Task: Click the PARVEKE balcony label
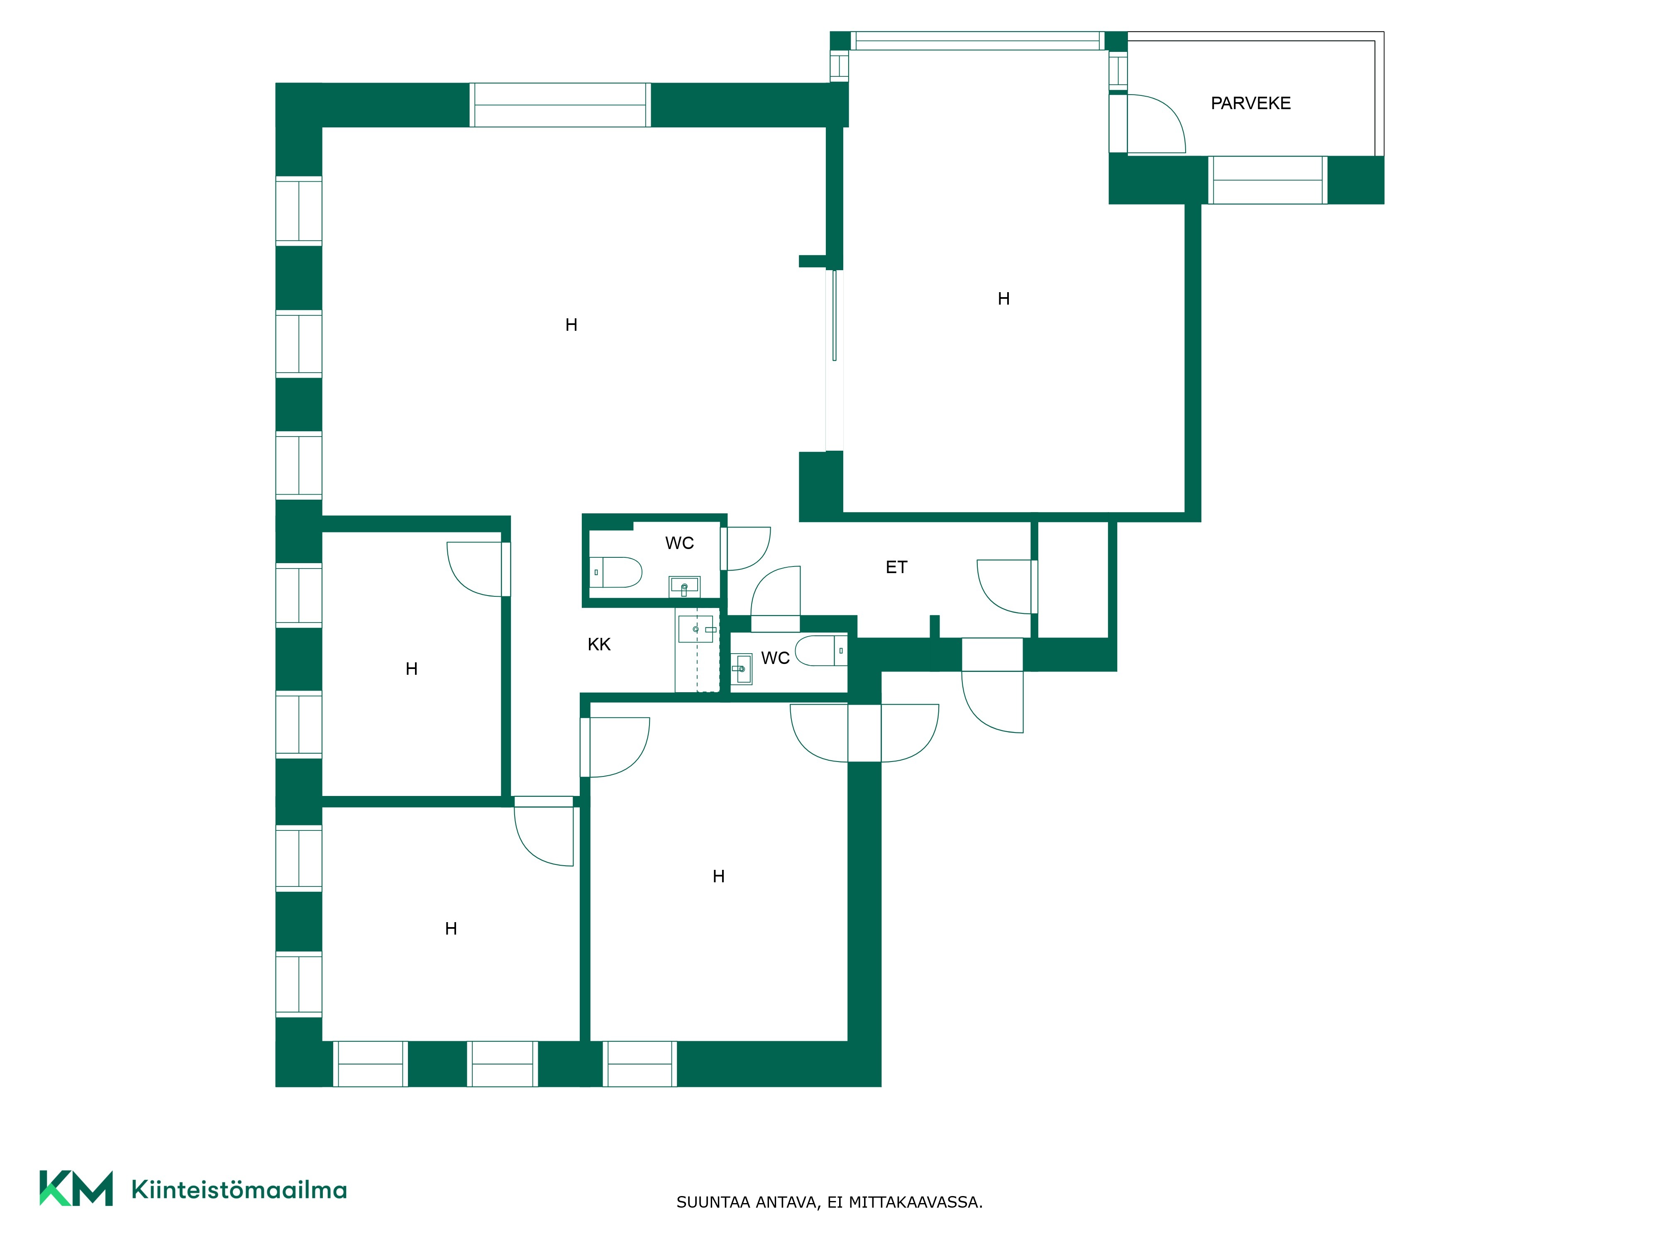[1250, 104]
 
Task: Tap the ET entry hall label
[896, 567]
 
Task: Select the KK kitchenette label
[599, 644]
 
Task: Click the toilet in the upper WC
[615, 572]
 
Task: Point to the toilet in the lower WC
[821, 651]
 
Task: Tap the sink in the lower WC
[742, 669]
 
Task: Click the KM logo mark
[76, 1188]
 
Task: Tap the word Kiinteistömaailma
[239, 1189]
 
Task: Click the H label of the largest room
[571, 325]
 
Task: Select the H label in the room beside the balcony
[1003, 299]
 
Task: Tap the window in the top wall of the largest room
[560, 105]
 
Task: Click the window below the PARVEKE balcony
[1267, 180]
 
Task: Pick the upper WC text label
[679, 542]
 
